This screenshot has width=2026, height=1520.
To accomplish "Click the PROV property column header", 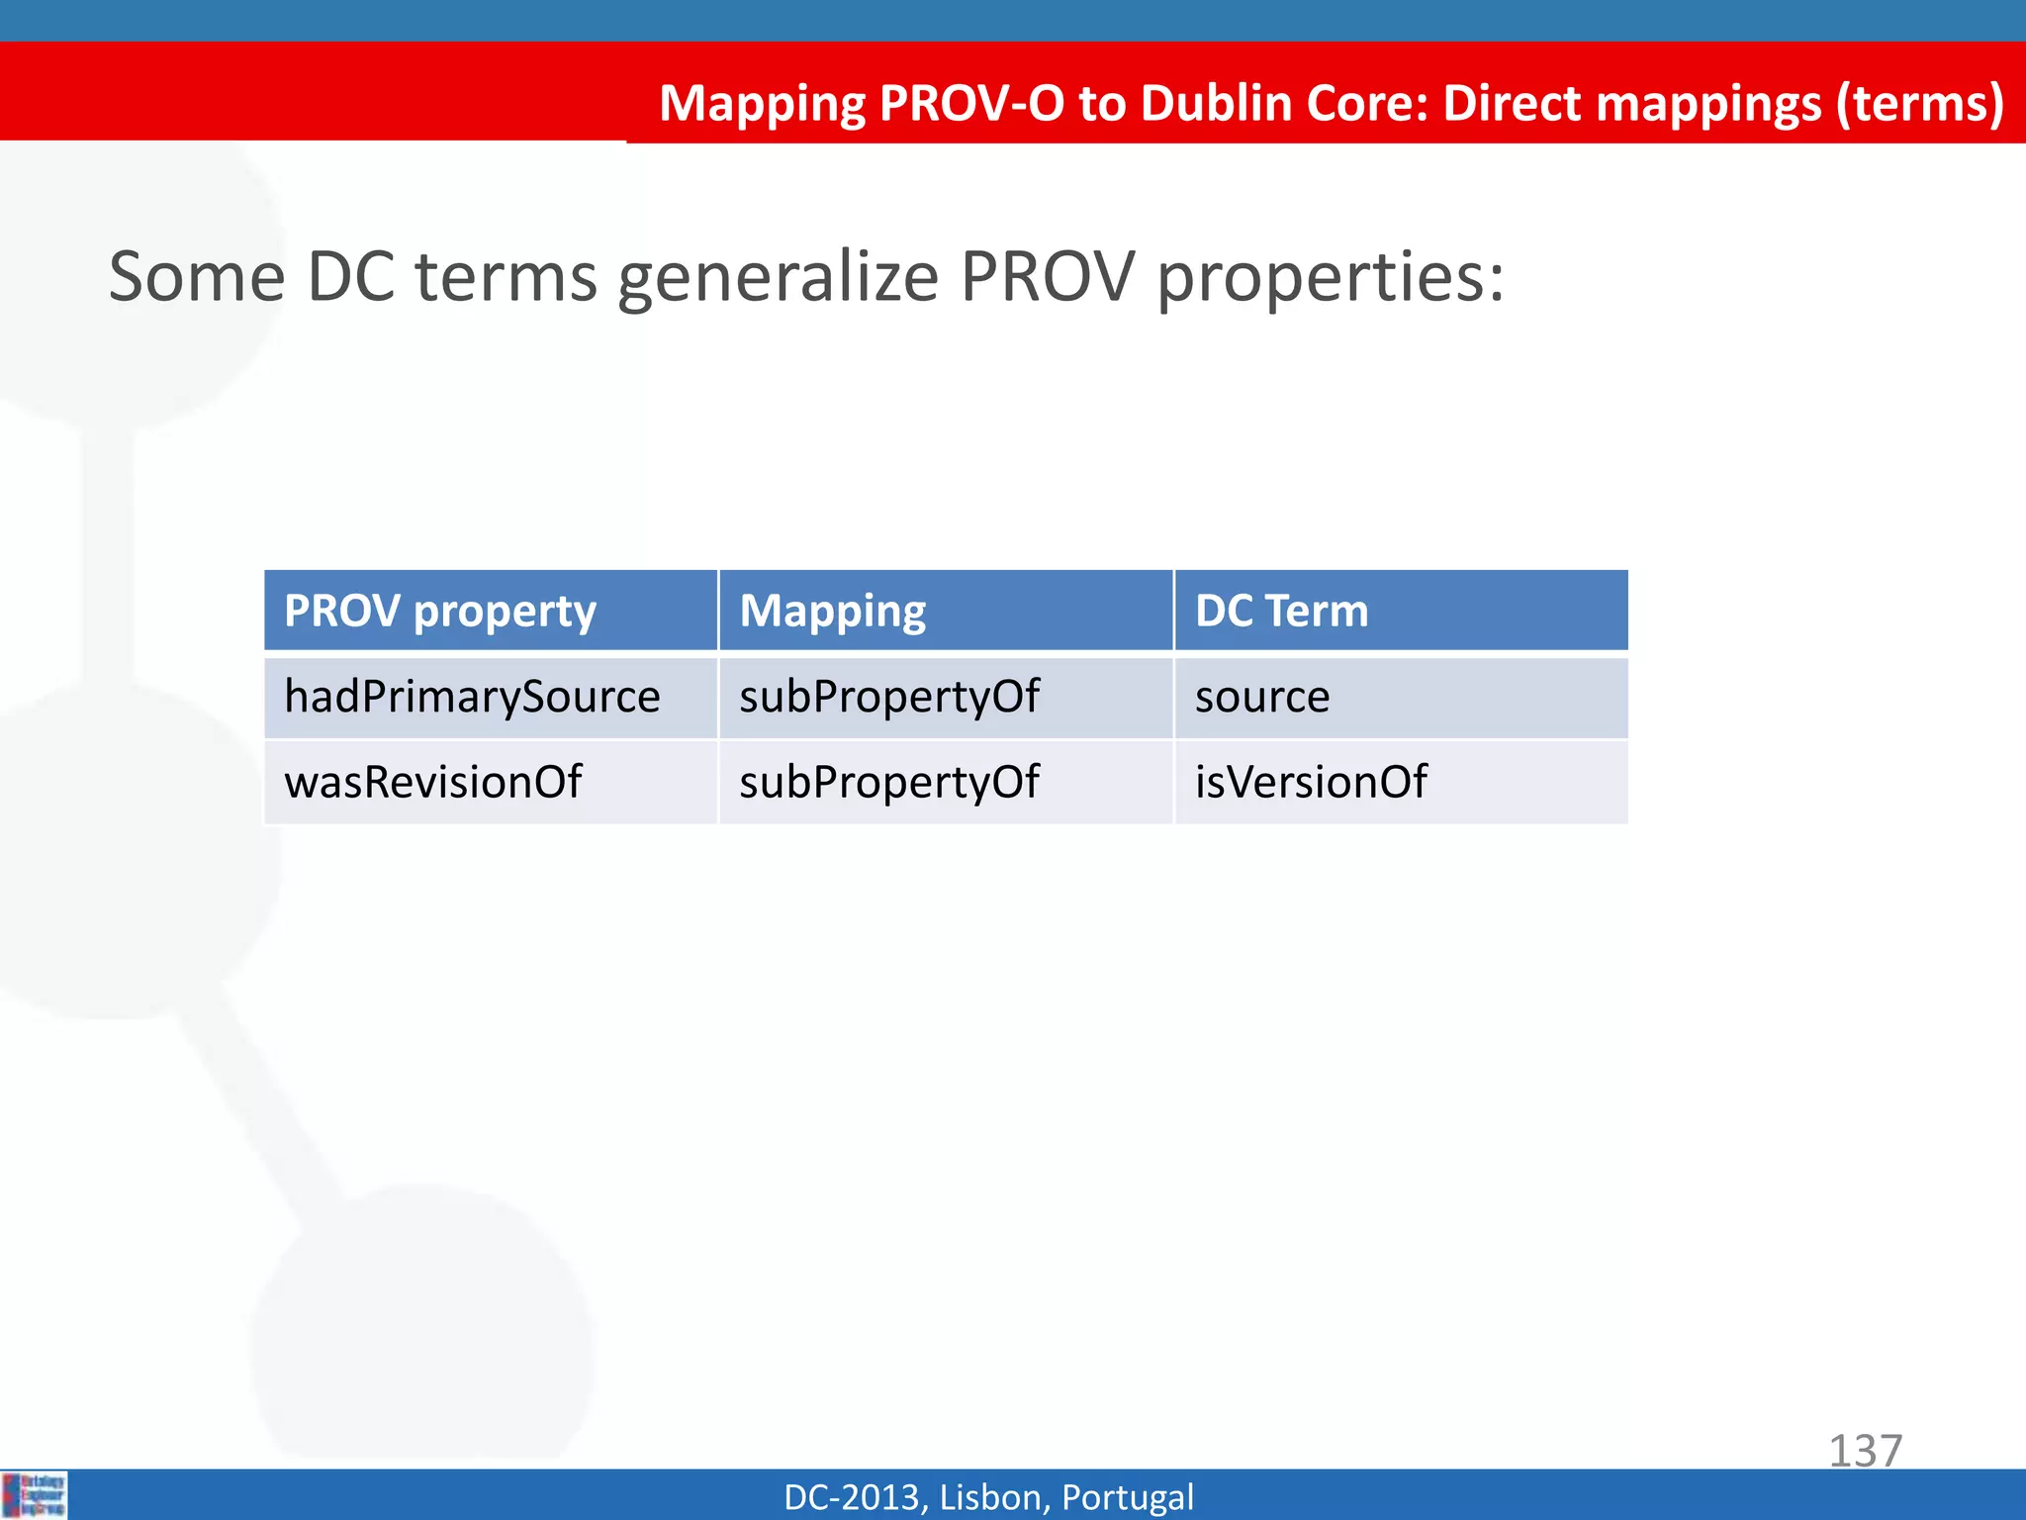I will (x=440, y=611).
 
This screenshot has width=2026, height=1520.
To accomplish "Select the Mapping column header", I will (x=833, y=611).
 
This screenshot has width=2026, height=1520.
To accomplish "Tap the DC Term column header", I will (x=1281, y=611).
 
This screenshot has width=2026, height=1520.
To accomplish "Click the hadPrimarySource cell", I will (x=472, y=697).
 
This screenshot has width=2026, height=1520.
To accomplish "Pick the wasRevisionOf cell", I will (x=432, y=782).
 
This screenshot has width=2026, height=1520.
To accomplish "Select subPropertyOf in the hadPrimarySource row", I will (x=889, y=697).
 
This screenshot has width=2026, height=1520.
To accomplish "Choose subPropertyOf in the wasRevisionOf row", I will (x=889, y=782).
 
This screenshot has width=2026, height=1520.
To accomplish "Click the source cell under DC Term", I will (x=1262, y=697).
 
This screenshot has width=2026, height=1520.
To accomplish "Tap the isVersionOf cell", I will (x=1311, y=782).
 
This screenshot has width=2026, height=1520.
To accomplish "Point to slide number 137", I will (x=1865, y=1451).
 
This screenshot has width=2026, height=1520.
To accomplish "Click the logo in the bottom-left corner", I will (x=35, y=1495).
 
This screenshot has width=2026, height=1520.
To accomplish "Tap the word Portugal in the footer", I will (x=1127, y=1497).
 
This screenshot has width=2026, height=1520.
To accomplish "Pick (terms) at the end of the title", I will (x=1919, y=103).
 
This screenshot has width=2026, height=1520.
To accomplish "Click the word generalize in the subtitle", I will (x=779, y=277).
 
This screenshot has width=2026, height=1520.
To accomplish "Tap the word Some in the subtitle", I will (x=197, y=277).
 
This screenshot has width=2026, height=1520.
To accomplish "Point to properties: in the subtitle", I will (x=1331, y=277).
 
